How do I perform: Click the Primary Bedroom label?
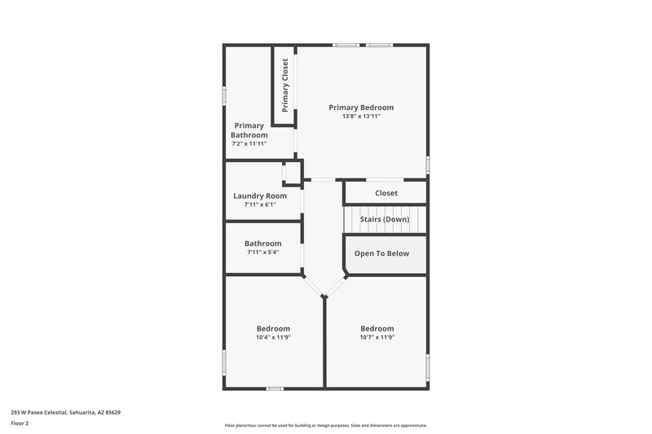(x=361, y=107)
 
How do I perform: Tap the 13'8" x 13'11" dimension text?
(x=361, y=116)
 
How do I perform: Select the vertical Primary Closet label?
(x=285, y=85)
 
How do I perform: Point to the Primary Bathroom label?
(x=249, y=130)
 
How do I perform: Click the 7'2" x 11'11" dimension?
(x=249, y=143)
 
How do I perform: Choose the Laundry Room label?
(x=260, y=195)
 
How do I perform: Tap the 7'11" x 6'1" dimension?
(x=260, y=204)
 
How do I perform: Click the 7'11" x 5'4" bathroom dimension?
(x=262, y=252)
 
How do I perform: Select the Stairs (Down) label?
(x=385, y=219)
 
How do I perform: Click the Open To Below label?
(x=381, y=253)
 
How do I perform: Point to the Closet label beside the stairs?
(x=386, y=193)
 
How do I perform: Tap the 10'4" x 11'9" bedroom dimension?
(x=273, y=337)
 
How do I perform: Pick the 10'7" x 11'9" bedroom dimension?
(x=377, y=337)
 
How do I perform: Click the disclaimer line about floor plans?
(x=326, y=425)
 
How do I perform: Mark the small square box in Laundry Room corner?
(x=291, y=173)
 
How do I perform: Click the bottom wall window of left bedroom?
(x=275, y=388)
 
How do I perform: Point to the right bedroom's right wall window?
(x=427, y=366)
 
